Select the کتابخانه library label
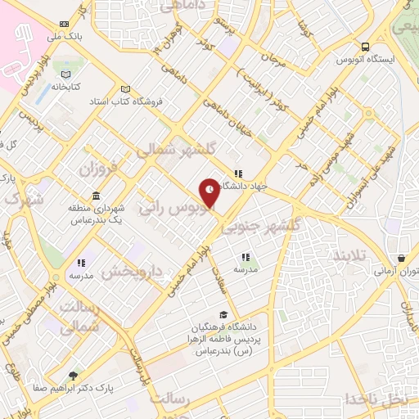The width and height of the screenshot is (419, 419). tap(69, 85)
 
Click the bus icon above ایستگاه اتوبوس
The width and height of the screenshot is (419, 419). tap(364, 47)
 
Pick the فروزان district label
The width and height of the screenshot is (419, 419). tap(98, 169)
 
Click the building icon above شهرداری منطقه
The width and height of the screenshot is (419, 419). tap(97, 196)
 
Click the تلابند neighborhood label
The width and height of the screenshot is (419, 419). tap(354, 256)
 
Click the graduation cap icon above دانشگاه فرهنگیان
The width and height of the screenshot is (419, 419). tap(223, 315)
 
